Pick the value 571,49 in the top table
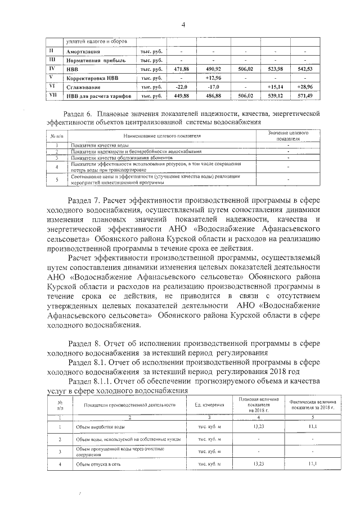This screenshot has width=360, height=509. click(x=305, y=96)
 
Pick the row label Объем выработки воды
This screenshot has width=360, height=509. click(x=97, y=427)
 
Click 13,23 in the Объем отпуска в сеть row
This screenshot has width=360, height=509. click(x=259, y=464)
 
